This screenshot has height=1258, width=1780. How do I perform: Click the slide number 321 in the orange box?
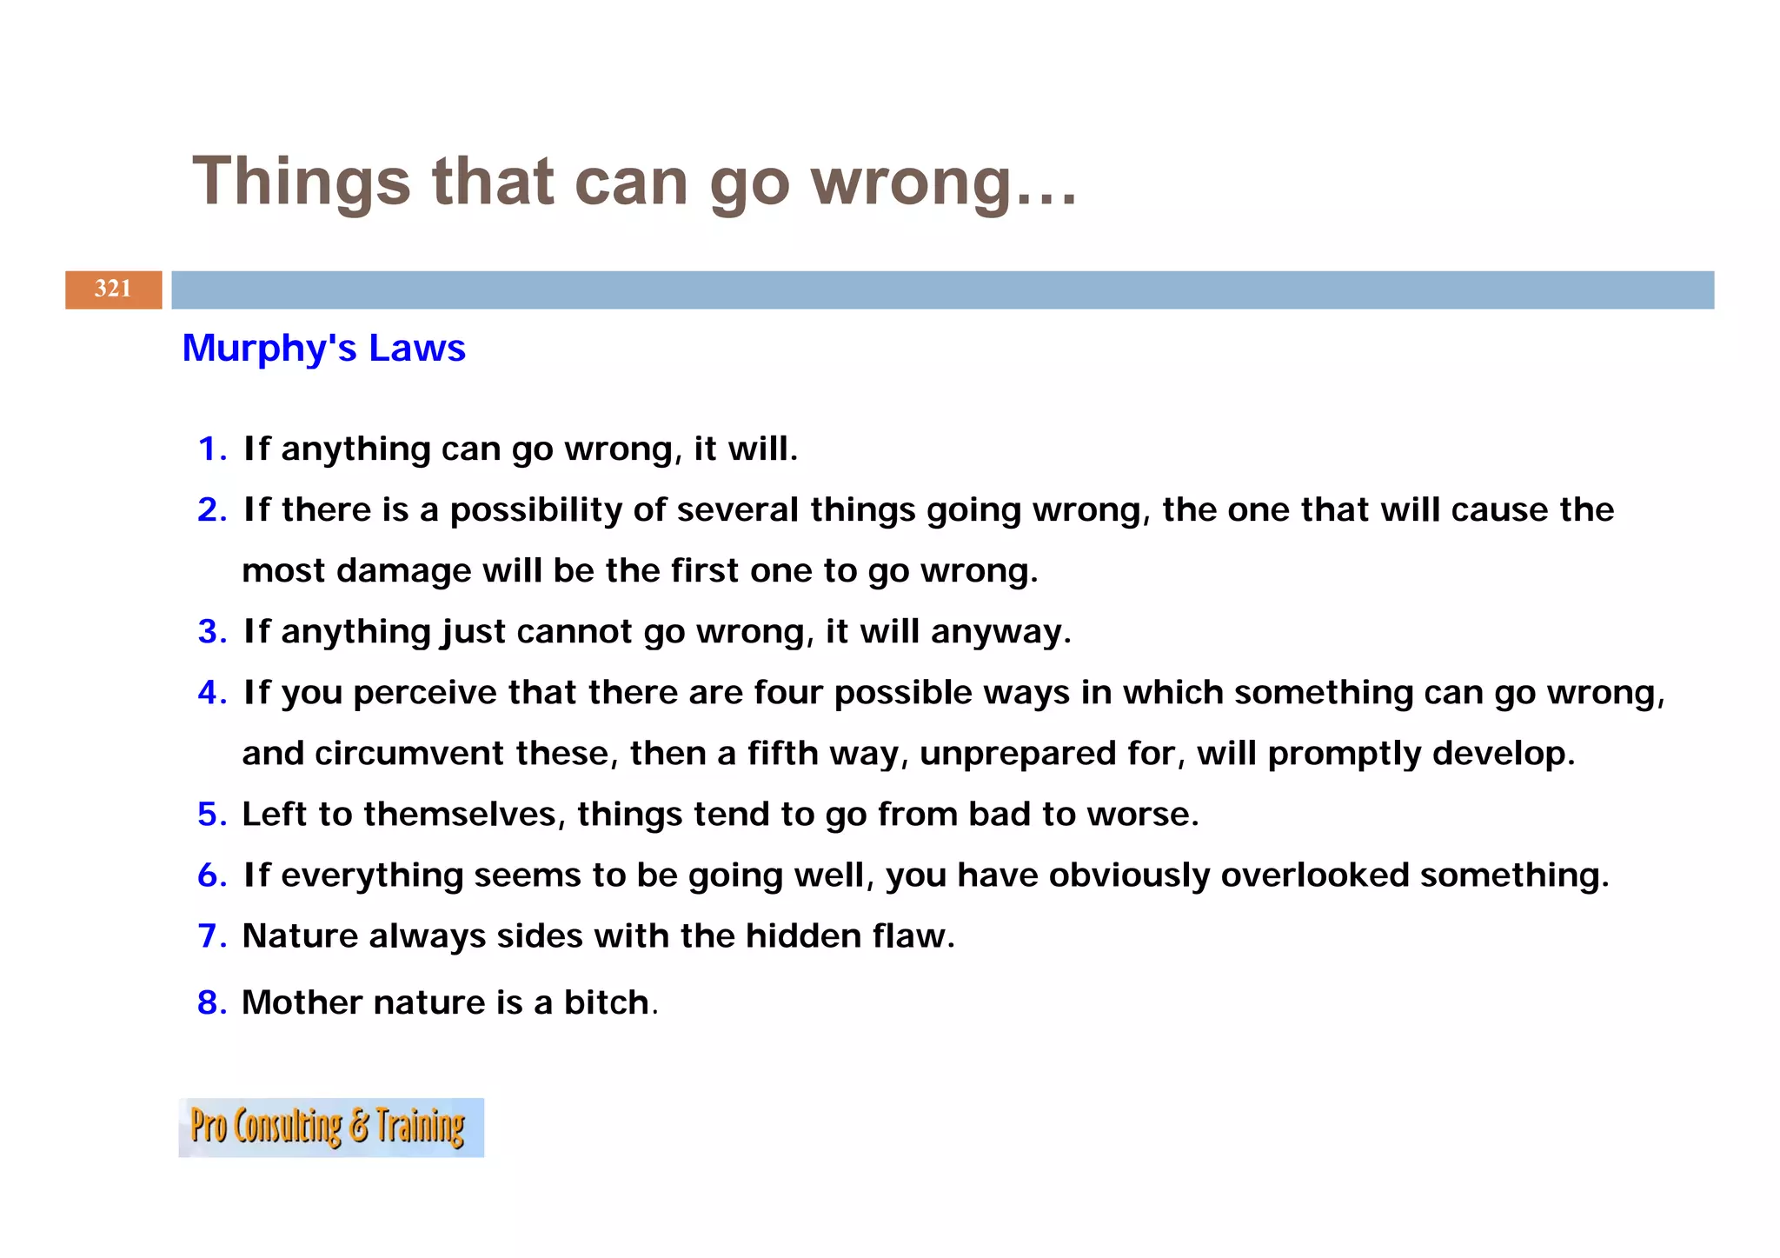(113, 289)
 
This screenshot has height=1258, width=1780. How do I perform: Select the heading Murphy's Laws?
(323, 348)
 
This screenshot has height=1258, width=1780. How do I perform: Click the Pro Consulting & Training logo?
(330, 1127)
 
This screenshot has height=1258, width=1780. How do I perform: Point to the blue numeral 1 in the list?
(208, 449)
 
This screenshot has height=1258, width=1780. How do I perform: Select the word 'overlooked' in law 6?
(1314, 875)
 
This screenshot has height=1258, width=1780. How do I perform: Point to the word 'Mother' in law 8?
(302, 1002)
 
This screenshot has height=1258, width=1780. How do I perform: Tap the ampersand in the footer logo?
(359, 1127)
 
